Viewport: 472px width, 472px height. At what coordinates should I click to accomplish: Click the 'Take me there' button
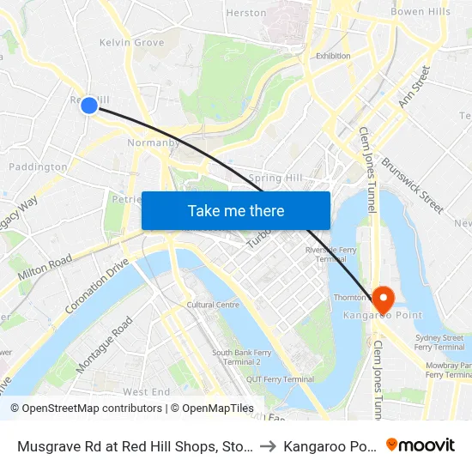point(236,210)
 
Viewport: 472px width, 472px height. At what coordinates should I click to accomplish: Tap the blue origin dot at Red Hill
point(89,105)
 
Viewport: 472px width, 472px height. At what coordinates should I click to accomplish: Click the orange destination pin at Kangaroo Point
point(383,300)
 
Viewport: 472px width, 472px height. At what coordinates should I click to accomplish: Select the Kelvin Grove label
point(131,42)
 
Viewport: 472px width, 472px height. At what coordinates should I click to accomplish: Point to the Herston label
point(245,13)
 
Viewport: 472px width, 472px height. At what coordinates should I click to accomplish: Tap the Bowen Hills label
point(420,12)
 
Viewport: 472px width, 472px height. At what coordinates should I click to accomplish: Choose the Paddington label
point(38,167)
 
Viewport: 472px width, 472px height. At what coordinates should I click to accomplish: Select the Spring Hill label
point(276,178)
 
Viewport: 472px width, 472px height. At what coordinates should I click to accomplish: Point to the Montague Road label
point(105,344)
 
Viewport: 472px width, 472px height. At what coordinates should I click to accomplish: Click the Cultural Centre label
point(213,305)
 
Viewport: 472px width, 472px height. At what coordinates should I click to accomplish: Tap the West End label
point(148,391)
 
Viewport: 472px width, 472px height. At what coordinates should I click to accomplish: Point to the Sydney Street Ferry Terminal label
point(439,342)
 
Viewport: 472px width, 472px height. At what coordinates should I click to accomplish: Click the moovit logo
point(421,445)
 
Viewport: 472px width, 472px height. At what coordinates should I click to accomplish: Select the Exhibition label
point(333,56)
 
